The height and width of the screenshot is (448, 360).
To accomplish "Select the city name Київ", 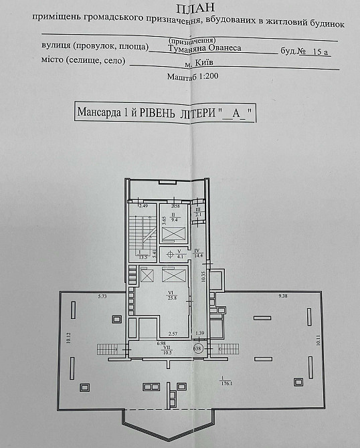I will [x=200, y=63].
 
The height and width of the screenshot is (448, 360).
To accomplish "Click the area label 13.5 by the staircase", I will [x=142, y=255].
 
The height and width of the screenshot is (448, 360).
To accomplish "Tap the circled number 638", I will [x=197, y=348].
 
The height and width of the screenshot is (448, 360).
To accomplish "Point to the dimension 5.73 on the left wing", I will [x=102, y=296].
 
